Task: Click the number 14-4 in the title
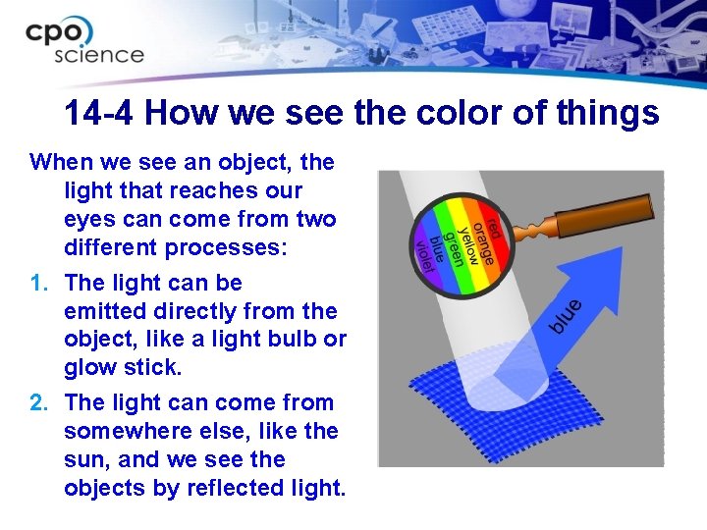(x=98, y=114)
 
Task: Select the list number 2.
(x=39, y=402)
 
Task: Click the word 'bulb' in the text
(x=293, y=340)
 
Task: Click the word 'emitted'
(x=108, y=311)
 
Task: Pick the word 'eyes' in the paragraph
(x=91, y=219)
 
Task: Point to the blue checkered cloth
(x=511, y=412)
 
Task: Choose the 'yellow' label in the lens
(x=469, y=239)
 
